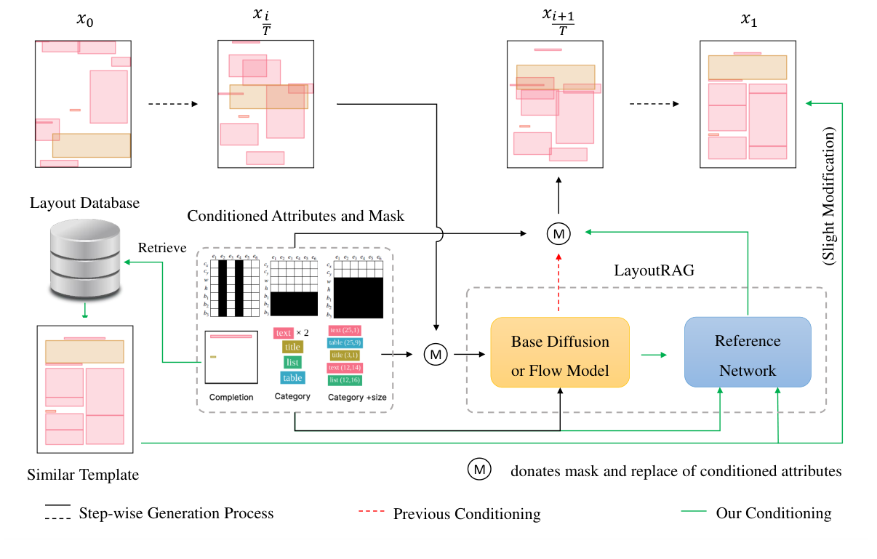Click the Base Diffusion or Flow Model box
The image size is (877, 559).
(559, 355)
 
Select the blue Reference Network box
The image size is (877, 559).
(748, 355)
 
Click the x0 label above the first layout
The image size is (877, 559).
(85, 21)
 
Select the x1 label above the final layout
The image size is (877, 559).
(748, 21)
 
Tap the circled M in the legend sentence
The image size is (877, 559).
(479, 470)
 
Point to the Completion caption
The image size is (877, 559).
(231, 397)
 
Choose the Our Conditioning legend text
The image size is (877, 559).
(773, 513)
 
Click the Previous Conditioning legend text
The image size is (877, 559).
(467, 514)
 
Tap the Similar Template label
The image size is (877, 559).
(83, 475)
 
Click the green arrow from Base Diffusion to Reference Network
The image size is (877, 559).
(653, 355)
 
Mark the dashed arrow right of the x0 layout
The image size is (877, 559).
(172, 104)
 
